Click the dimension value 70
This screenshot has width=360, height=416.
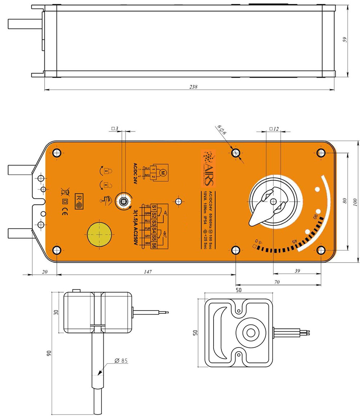pos(276,282)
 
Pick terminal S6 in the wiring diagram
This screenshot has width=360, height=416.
pos(154,245)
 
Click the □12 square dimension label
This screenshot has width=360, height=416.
pos(274,129)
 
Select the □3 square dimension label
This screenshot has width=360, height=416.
pos(115,128)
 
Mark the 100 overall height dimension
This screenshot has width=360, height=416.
pos(355,202)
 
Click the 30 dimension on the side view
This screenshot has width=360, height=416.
pos(56,312)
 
